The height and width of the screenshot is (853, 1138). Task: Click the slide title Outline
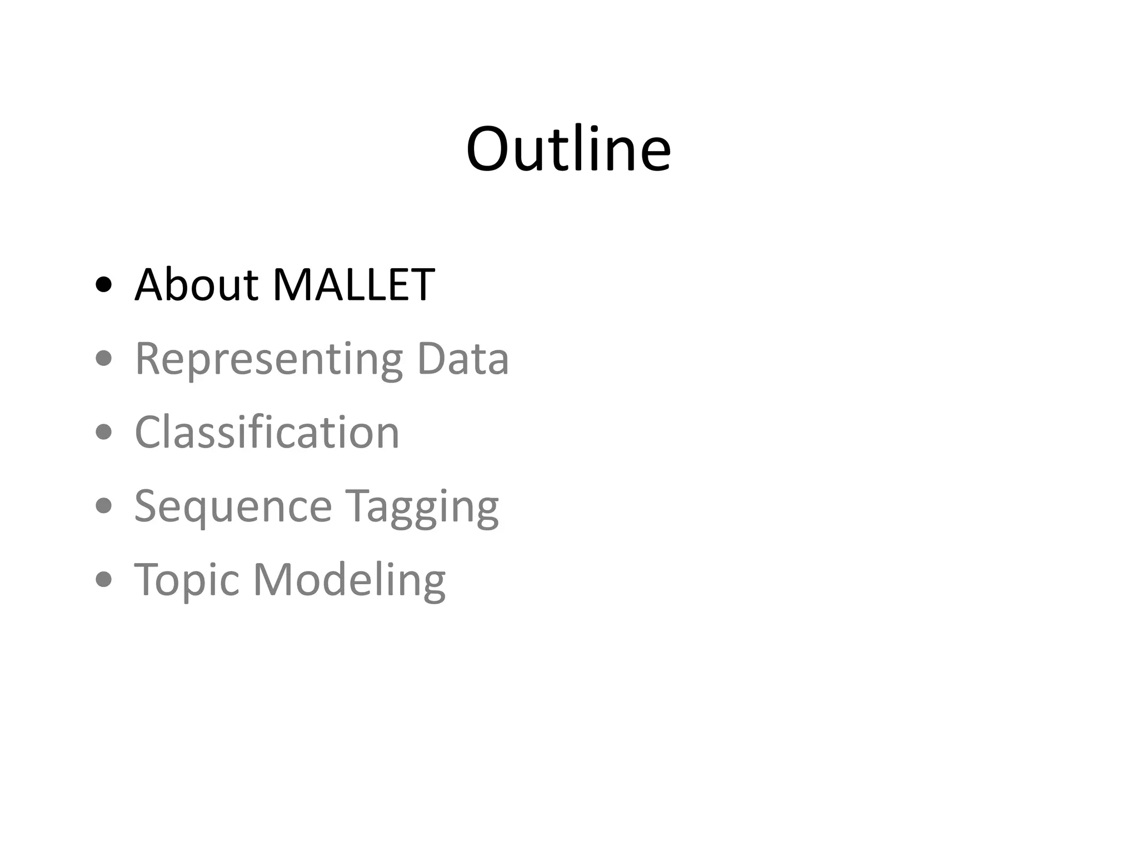[568, 149]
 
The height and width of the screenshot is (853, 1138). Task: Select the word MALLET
[353, 284]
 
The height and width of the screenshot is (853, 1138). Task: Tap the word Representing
[268, 360]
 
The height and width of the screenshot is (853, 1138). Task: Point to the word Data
[462, 359]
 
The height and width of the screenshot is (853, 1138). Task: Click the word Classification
[267, 432]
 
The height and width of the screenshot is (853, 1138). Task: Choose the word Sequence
[233, 507]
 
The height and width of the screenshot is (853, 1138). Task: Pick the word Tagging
[422, 507]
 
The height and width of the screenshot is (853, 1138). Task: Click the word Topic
[187, 581]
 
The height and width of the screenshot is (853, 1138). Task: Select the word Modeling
[349, 581]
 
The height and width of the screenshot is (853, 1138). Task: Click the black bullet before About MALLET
[104, 285]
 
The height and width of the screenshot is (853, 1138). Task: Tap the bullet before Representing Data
[104, 359]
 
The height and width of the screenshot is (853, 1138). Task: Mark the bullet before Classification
[104, 432]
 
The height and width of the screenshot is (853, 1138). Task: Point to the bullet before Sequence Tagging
[104, 506]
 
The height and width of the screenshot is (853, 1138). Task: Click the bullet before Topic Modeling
[104, 580]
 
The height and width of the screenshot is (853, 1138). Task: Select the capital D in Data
[432, 359]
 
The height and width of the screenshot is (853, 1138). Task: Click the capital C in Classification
[149, 432]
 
